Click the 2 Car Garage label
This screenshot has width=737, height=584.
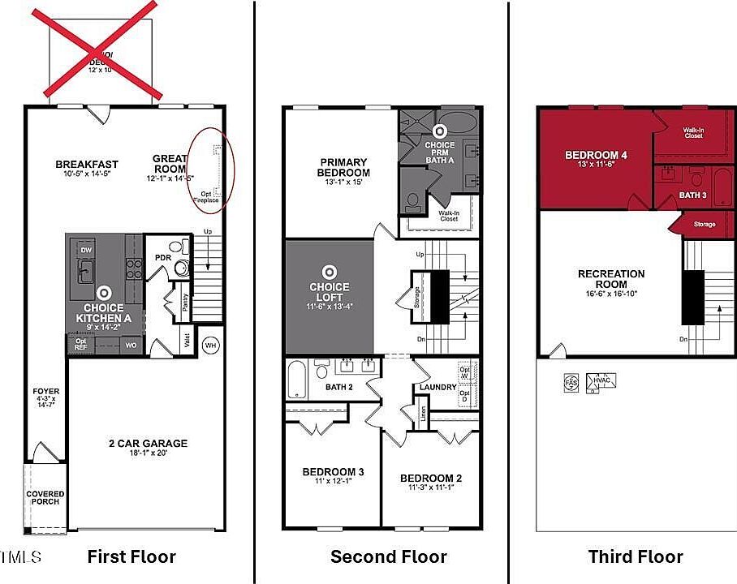click(148, 444)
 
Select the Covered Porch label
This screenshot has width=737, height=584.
click(45, 497)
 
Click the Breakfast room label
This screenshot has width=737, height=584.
click(81, 163)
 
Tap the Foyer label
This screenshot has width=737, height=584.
click(45, 391)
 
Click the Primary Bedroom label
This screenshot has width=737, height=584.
click(344, 167)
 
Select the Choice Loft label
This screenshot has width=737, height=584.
click(330, 291)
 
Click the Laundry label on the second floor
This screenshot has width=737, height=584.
click(437, 388)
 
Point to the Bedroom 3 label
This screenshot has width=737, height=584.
click(333, 472)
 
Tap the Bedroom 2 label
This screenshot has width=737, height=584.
click(430, 479)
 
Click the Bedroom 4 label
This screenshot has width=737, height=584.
click(596, 155)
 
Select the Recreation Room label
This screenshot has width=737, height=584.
click(611, 279)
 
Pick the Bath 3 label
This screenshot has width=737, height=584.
click(692, 195)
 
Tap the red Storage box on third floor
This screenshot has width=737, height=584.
click(704, 224)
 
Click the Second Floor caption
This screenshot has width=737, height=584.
click(388, 556)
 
